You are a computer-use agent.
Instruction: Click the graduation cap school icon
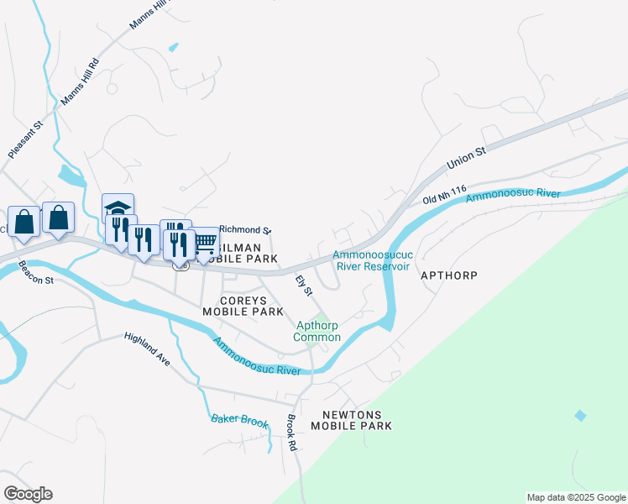(x=118, y=207)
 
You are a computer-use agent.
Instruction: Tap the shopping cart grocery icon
(x=206, y=243)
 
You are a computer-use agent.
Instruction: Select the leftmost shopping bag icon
(x=24, y=223)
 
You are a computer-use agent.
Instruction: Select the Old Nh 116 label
(x=445, y=199)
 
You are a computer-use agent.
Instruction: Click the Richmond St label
(x=245, y=229)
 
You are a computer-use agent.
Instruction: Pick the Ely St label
(x=303, y=285)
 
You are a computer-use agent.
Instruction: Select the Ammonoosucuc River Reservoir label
(x=371, y=260)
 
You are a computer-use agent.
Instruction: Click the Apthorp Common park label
(x=317, y=331)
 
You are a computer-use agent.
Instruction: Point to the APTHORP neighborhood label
(x=448, y=275)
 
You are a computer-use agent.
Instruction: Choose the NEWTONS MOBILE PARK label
(x=351, y=421)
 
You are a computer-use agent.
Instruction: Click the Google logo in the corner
(x=27, y=494)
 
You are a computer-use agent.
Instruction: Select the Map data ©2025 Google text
(x=576, y=497)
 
